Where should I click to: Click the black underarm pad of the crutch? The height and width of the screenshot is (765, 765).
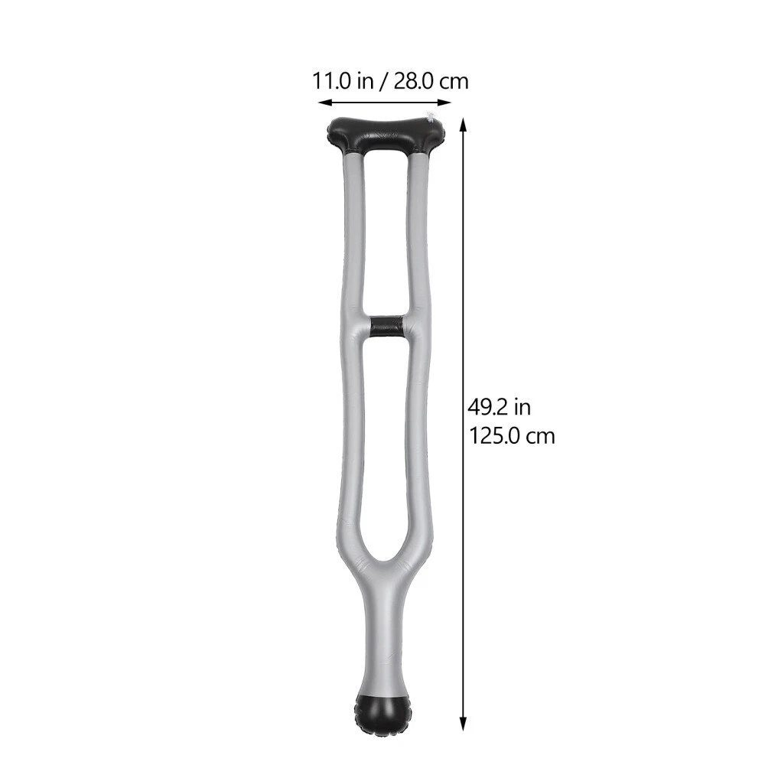coord(386,135)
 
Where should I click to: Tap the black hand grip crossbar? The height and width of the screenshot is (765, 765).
coord(386,327)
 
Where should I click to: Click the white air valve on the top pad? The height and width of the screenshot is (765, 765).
coord(430,116)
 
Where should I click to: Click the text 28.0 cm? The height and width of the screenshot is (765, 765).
coord(431,81)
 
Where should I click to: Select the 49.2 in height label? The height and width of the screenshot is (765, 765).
coord(499,407)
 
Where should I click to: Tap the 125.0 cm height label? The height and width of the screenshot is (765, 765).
coord(512,435)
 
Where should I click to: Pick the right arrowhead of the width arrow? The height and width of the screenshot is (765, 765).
coord(444,103)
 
